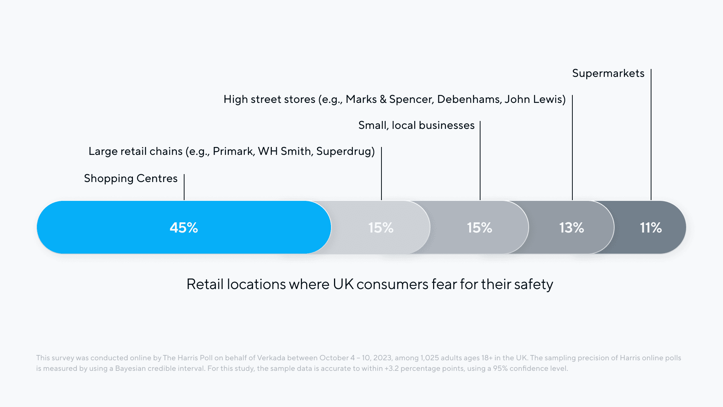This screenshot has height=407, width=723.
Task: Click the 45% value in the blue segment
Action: (x=184, y=228)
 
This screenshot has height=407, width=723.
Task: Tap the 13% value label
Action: (x=571, y=228)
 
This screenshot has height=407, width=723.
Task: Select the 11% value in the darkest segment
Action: (x=651, y=228)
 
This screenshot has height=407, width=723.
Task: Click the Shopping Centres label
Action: (x=131, y=178)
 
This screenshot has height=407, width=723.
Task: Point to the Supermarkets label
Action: (x=608, y=73)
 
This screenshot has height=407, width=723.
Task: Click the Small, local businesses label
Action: (x=416, y=125)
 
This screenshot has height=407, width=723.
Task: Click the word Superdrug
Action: (x=344, y=151)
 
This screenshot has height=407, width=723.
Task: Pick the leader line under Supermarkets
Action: (x=651, y=136)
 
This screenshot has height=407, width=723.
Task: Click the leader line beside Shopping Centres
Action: (x=184, y=187)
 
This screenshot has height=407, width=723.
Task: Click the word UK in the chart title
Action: (x=343, y=284)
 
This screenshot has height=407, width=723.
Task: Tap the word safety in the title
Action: (x=534, y=284)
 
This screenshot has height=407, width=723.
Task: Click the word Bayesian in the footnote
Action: (x=130, y=368)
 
